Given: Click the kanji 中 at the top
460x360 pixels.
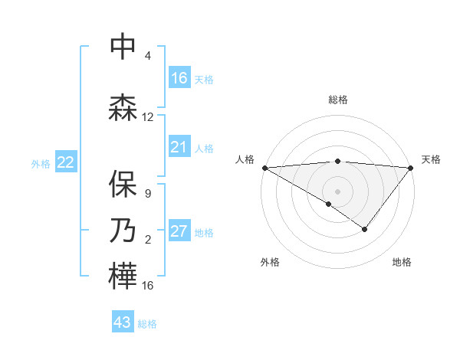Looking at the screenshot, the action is click(123, 47).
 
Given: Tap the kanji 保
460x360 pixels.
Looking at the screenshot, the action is click(123, 184).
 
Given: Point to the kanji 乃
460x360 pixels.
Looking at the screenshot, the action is click(123, 229).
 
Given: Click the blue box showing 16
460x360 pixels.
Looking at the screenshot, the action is click(179, 77).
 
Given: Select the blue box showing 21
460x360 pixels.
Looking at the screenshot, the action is click(179, 147).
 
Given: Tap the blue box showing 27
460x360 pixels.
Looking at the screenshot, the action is click(179, 231).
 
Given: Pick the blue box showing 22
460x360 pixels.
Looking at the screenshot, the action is click(66, 162).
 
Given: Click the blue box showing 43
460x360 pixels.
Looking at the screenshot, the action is click(123, 322).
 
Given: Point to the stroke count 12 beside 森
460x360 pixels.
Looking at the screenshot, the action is click(148, 117).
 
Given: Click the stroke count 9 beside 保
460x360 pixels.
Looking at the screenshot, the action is click(147, 194).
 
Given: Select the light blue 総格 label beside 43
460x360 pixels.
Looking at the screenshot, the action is click(147, 324).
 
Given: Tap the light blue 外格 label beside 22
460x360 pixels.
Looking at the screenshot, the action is click(41, 163).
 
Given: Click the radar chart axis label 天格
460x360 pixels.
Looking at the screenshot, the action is click(431, 159).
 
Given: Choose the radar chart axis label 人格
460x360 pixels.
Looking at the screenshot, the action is click(245, 159).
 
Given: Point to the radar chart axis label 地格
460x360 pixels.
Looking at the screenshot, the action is click(402, 262).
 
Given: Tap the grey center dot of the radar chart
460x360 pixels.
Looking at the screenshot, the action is click(337, 191).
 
